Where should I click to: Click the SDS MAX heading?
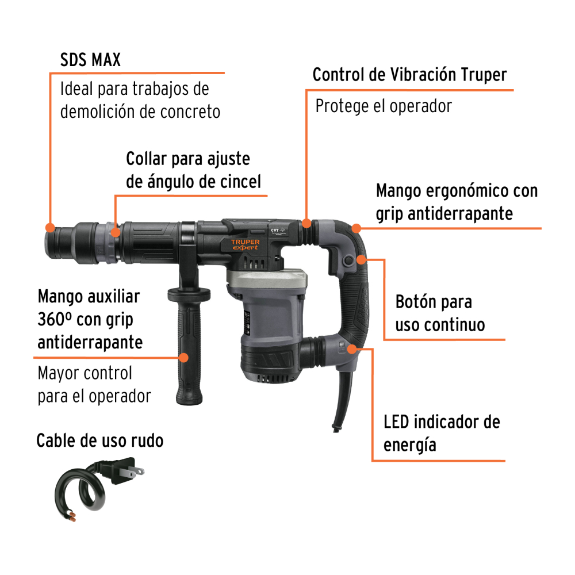coord(90,60)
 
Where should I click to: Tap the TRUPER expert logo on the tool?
coord(246,244)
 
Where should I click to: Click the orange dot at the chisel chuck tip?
coord(50,227)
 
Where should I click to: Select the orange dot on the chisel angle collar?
coord(115,232)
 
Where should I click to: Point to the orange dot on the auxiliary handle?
coord(183,358)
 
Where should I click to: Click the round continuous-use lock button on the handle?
coord(348,260)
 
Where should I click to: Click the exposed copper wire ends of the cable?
coord(71,516)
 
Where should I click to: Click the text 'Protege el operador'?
coord(384,106)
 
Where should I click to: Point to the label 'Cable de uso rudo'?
coord(99,440)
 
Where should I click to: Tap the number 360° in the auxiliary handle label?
coord(54,320)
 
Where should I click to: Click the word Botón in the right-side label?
coord(416,302)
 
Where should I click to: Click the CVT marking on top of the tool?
coord(275,230)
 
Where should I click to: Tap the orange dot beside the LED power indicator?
coord(352,349)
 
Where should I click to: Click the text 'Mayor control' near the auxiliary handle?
coord(85,373)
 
